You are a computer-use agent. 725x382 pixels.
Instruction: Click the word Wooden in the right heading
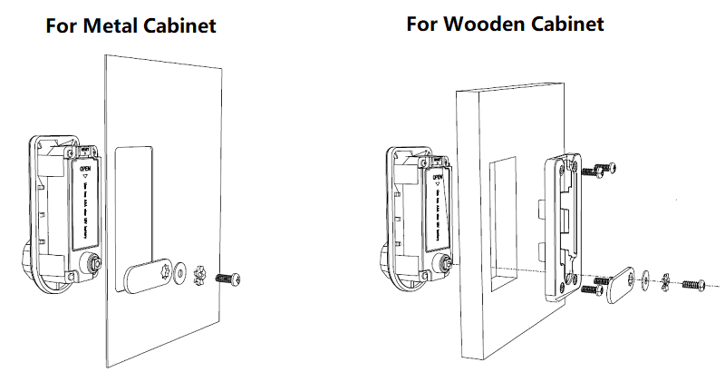(486, 24)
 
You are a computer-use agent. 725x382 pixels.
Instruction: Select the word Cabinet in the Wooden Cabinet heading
(566, 24)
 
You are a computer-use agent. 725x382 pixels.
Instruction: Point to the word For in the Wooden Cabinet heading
(423, 24)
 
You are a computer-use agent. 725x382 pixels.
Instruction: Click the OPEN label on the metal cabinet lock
(86, 169)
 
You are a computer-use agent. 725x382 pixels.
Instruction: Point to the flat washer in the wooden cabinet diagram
(645, 279)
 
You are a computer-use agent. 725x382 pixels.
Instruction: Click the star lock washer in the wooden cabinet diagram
(666, 282)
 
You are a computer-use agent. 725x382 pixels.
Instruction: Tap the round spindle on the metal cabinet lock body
(91, 263)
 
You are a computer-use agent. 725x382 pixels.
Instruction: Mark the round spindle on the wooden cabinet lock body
(446, 264)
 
